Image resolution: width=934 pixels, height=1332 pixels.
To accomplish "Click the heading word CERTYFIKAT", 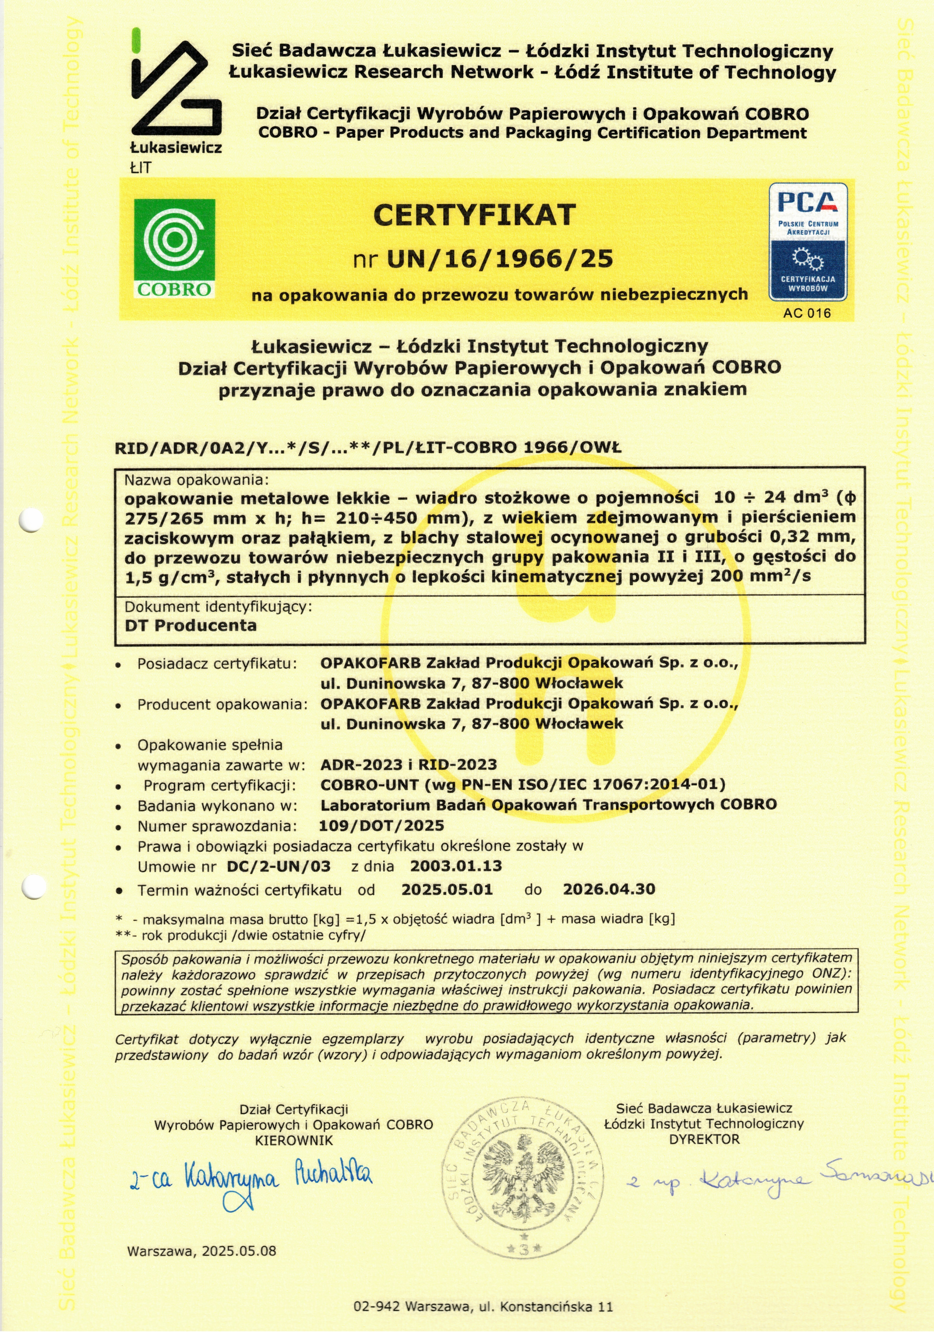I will (x=474, y=215).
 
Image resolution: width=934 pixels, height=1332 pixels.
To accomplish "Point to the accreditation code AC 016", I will (x=806, y=313).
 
